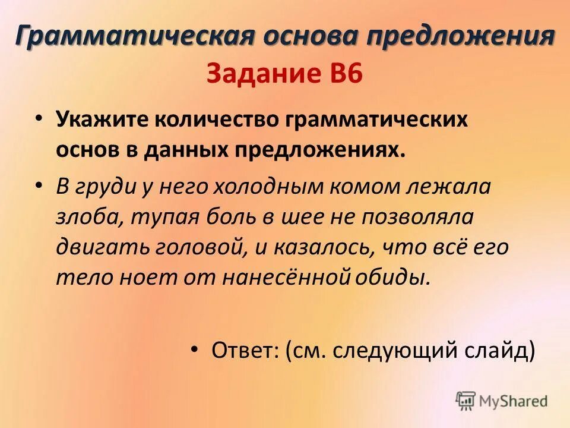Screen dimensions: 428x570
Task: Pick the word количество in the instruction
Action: (x=215, y=120)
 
